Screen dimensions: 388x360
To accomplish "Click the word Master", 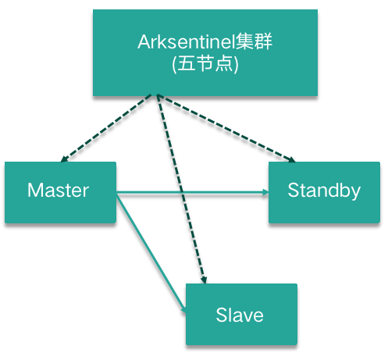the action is click(x=58, y=191).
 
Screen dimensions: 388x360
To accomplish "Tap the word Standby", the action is click(x=324, y=191).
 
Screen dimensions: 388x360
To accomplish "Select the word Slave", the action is click(x=240, y=315).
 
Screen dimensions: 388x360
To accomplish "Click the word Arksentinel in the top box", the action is click(x=187, y=41).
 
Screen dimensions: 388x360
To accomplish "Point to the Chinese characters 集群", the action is click(x=254, y=41).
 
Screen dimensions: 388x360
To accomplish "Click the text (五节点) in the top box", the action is click(x=205, y=64).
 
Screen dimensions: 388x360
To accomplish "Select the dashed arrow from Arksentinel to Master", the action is click(x=106, y=128).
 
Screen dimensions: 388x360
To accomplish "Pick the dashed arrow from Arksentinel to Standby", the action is click(x=226, y=128).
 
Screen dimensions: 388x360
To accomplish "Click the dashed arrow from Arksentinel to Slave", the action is click(x=182, y=189).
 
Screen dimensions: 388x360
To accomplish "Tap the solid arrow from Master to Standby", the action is click(x=192, y=193).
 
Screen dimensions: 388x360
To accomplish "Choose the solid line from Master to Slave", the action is click(x=151, y=254).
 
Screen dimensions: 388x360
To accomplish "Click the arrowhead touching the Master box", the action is click(x=63, y=159).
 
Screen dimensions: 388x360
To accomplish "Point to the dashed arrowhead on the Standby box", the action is click(x=291, y=159).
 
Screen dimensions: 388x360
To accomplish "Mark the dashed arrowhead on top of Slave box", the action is click(x=204, y=280).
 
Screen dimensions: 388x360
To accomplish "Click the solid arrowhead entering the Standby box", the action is click(x=265, y=193).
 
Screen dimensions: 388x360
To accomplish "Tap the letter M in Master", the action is click(x=35, y=190).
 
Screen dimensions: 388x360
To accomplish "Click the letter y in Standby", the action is click(x=355, y=194).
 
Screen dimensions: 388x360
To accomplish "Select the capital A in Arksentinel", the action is click(x=144, y=41).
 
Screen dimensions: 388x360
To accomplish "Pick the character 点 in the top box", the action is click(x=224, y=64).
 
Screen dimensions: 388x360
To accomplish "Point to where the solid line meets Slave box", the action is click(x=186, y=312).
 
